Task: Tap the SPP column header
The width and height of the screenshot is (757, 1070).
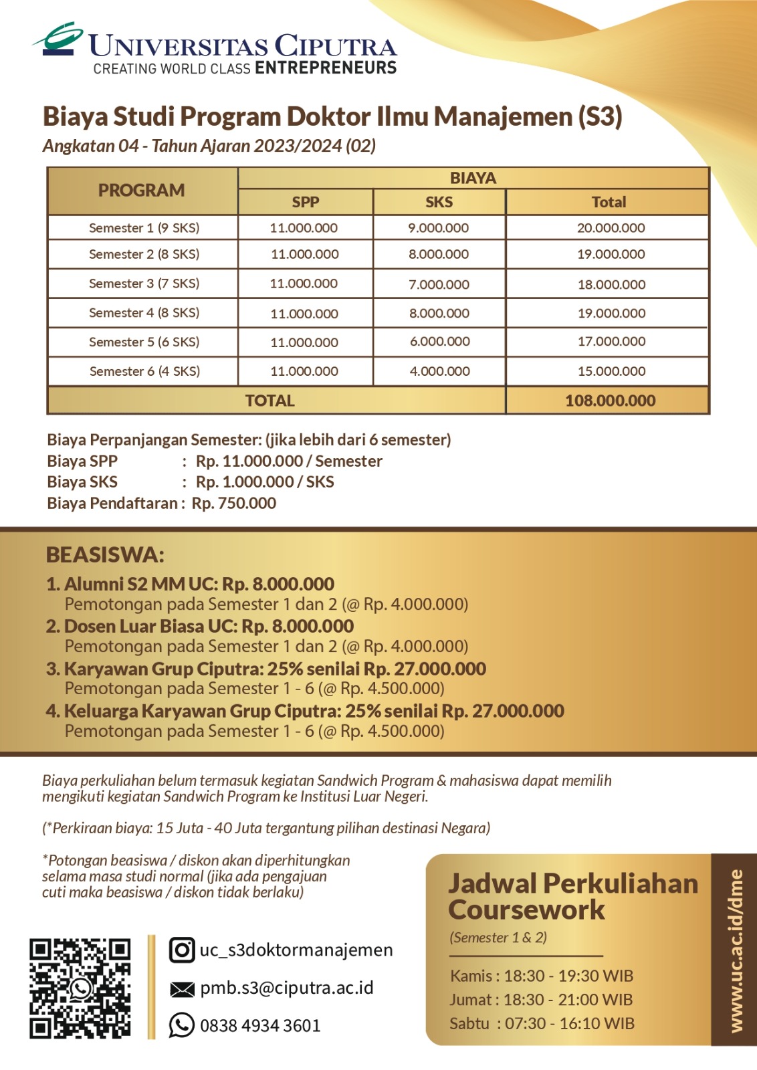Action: pos(305,202)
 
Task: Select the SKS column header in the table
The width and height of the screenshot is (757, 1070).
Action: pos(439,202)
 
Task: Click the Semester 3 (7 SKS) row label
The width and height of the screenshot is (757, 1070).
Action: pos(144,284)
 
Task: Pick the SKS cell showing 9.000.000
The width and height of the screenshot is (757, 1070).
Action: pos(438,228)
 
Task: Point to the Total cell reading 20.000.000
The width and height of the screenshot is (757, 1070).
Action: pos(611,228)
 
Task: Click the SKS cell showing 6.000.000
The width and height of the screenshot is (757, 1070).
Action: pos(439,342)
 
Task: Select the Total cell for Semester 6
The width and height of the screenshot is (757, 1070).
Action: pos(611,371)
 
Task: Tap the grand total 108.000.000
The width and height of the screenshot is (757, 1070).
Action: pos(610,401)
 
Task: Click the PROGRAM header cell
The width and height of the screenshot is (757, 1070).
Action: pos(141,191)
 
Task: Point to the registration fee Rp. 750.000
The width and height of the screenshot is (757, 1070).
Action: pos(233,504)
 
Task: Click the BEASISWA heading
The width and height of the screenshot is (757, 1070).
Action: pos(105,555)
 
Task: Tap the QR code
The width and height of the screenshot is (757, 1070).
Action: pos(80,988)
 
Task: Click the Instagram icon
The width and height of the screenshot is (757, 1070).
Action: pos(181,950)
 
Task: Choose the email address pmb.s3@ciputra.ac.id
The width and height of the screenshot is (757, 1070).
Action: pos(286,988)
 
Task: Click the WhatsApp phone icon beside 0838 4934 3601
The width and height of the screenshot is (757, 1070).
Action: pos(181,1025)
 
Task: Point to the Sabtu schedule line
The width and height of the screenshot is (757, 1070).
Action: pos(542,1024)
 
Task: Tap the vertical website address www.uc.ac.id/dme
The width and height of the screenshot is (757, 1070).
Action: pos(736,950)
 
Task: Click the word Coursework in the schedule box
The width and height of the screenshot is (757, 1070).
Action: pos(526,910)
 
